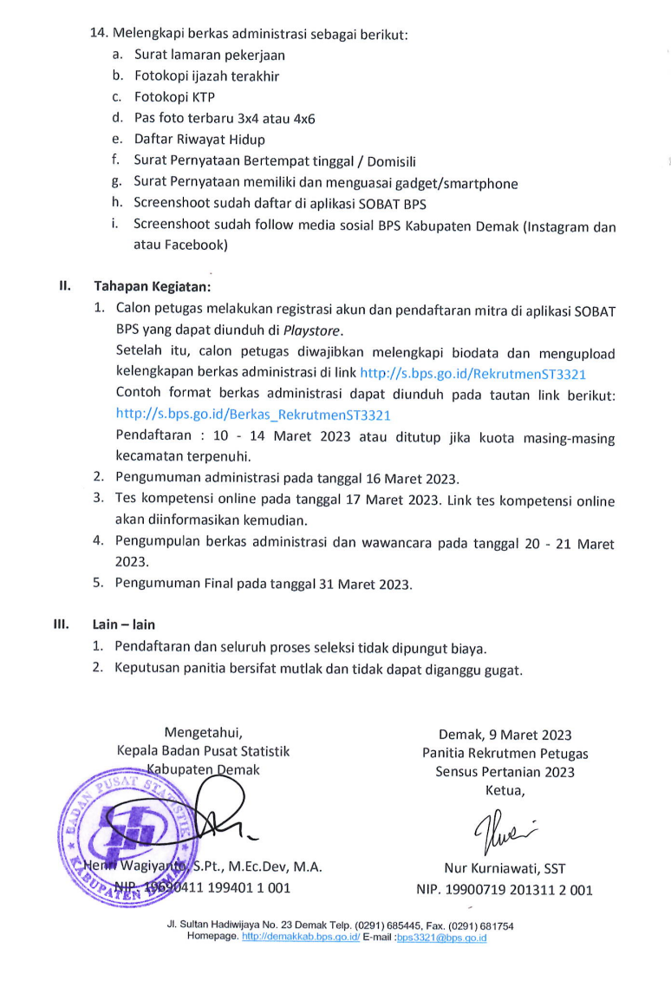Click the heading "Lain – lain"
124,624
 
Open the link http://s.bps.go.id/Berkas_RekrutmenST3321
253,415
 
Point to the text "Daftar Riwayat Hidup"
199,139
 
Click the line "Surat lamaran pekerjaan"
209,55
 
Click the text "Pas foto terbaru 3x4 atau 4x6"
224,118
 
